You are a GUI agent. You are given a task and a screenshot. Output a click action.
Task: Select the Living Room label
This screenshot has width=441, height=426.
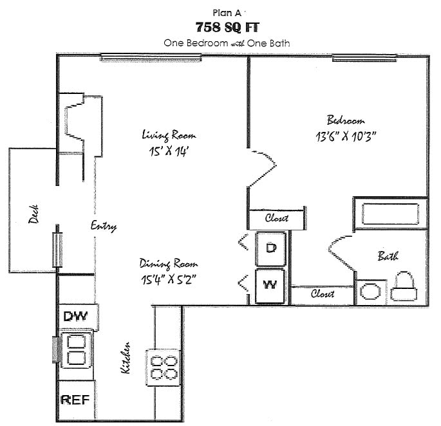pos(169,135)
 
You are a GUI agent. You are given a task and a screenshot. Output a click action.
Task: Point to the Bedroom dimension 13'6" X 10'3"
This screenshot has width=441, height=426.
pos(346,136)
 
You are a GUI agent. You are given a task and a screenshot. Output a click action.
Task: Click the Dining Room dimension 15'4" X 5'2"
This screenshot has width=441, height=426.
pos(167,279)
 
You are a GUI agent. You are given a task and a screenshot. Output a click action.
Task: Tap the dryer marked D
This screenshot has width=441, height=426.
pos(271,249)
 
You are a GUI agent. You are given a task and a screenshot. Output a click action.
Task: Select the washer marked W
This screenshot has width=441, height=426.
pos(271,286)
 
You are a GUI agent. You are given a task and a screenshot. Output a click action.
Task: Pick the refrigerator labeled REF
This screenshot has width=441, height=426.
pos(77,399)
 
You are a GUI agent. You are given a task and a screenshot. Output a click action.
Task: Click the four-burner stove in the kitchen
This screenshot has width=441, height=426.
pos(164,367)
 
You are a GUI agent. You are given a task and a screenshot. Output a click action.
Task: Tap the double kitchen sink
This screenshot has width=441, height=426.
pos(76,349)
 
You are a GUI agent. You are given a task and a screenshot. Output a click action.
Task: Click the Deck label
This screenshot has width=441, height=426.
pos(33,217)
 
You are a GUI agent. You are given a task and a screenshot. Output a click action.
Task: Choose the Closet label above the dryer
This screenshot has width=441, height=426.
pos(277,218)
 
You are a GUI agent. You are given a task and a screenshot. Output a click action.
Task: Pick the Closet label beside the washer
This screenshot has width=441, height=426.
pos(322,294)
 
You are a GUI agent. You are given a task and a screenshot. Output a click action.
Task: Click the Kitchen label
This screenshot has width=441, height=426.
pos(126,358)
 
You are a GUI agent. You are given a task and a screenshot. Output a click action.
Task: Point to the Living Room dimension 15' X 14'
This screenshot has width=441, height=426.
pos(169,151)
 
